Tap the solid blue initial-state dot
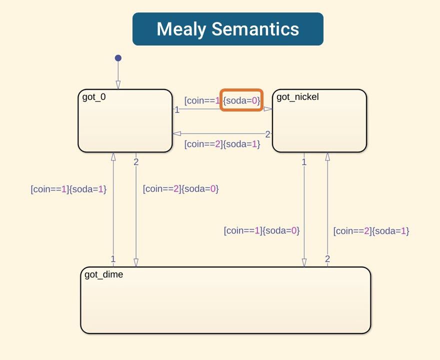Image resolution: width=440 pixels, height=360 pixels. pos(118,58)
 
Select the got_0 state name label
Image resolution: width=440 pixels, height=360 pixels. pos(94,97)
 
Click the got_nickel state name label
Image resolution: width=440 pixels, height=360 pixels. pos(297,97)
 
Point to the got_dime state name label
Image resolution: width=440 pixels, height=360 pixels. pos(104,274)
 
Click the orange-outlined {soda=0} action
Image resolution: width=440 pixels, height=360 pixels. pos(241,100)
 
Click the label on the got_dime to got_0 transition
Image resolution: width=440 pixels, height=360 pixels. pos(69,189)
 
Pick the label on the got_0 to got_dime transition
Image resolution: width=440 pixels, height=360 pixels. pos(181,189)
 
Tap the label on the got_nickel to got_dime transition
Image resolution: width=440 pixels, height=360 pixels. pos(261,230)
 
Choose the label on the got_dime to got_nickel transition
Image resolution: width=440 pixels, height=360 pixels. pos(371,230)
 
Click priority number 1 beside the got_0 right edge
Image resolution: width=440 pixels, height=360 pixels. pos(177,110)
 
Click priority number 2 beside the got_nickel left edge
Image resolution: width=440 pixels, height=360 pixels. pos(267,134)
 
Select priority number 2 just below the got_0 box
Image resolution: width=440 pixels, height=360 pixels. pos(136,161)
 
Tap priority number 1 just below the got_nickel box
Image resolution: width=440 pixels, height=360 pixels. pos(304,161)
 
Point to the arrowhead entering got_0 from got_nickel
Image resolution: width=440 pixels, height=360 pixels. pos(176,133)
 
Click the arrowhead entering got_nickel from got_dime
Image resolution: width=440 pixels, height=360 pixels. pos(327,156)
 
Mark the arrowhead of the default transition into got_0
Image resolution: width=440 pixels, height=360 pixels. pos(118,85)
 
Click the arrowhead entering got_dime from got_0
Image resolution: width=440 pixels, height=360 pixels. pos(135,263)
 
